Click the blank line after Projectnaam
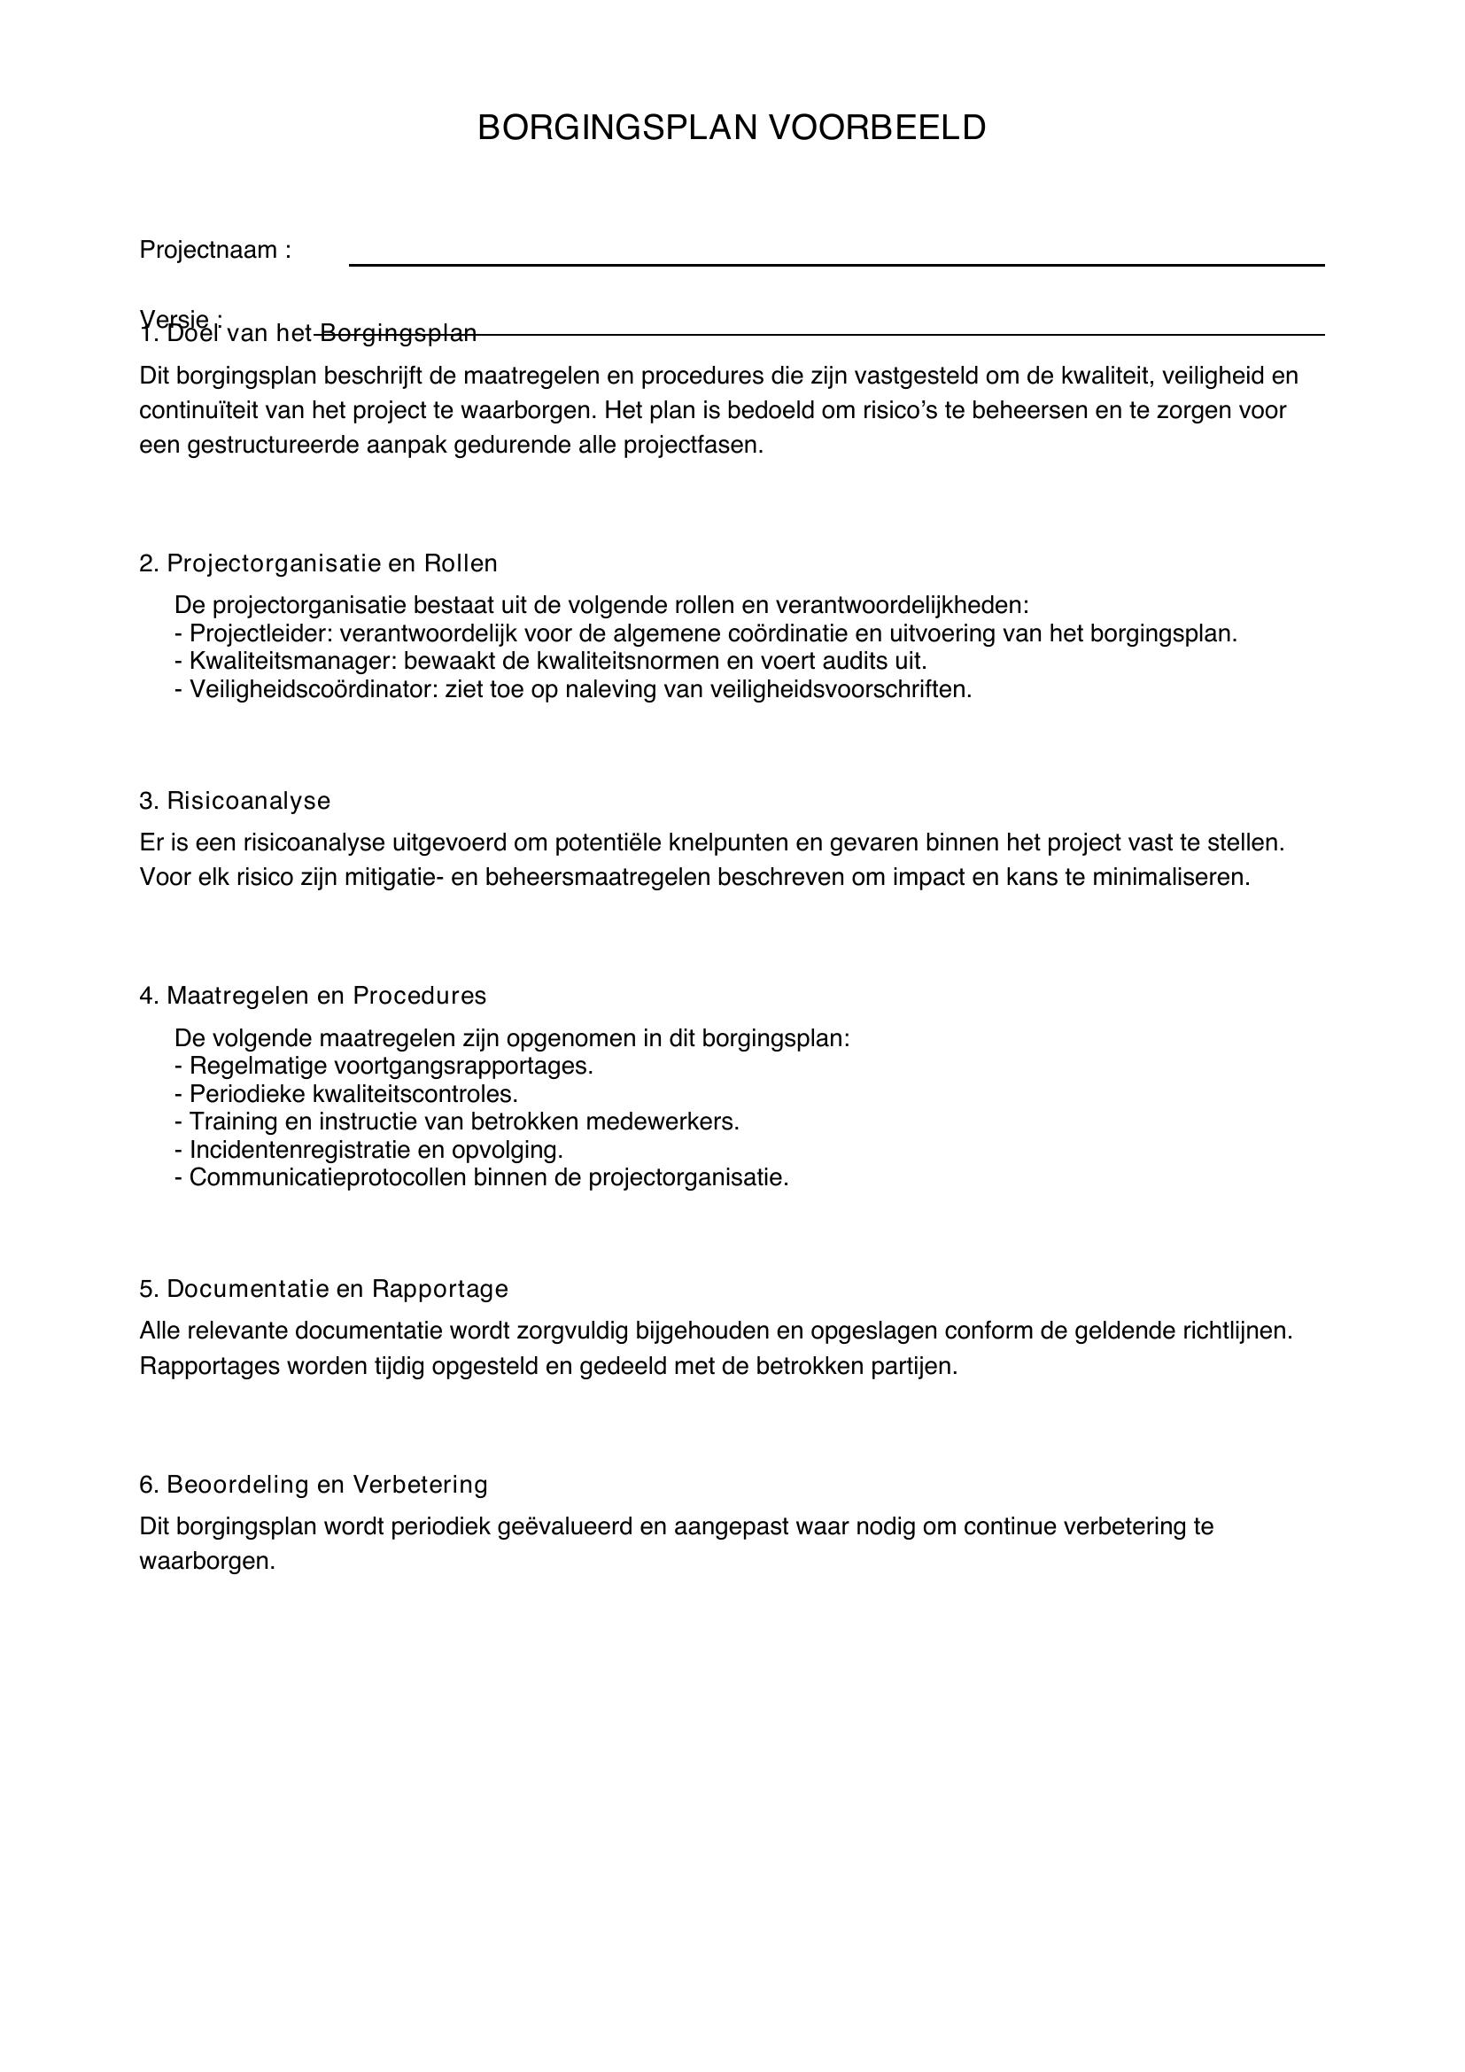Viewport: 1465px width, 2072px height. (836, 263)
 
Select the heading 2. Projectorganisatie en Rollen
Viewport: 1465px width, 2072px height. (319, 563)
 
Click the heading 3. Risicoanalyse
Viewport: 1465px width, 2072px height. (235, 801)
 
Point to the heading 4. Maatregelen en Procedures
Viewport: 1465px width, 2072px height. (312, 996)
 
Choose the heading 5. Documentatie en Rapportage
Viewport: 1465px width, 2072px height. (324, 1288)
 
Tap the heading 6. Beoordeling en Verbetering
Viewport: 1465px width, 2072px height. (313, 1484)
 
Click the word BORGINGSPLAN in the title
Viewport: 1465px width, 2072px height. (617, 128)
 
